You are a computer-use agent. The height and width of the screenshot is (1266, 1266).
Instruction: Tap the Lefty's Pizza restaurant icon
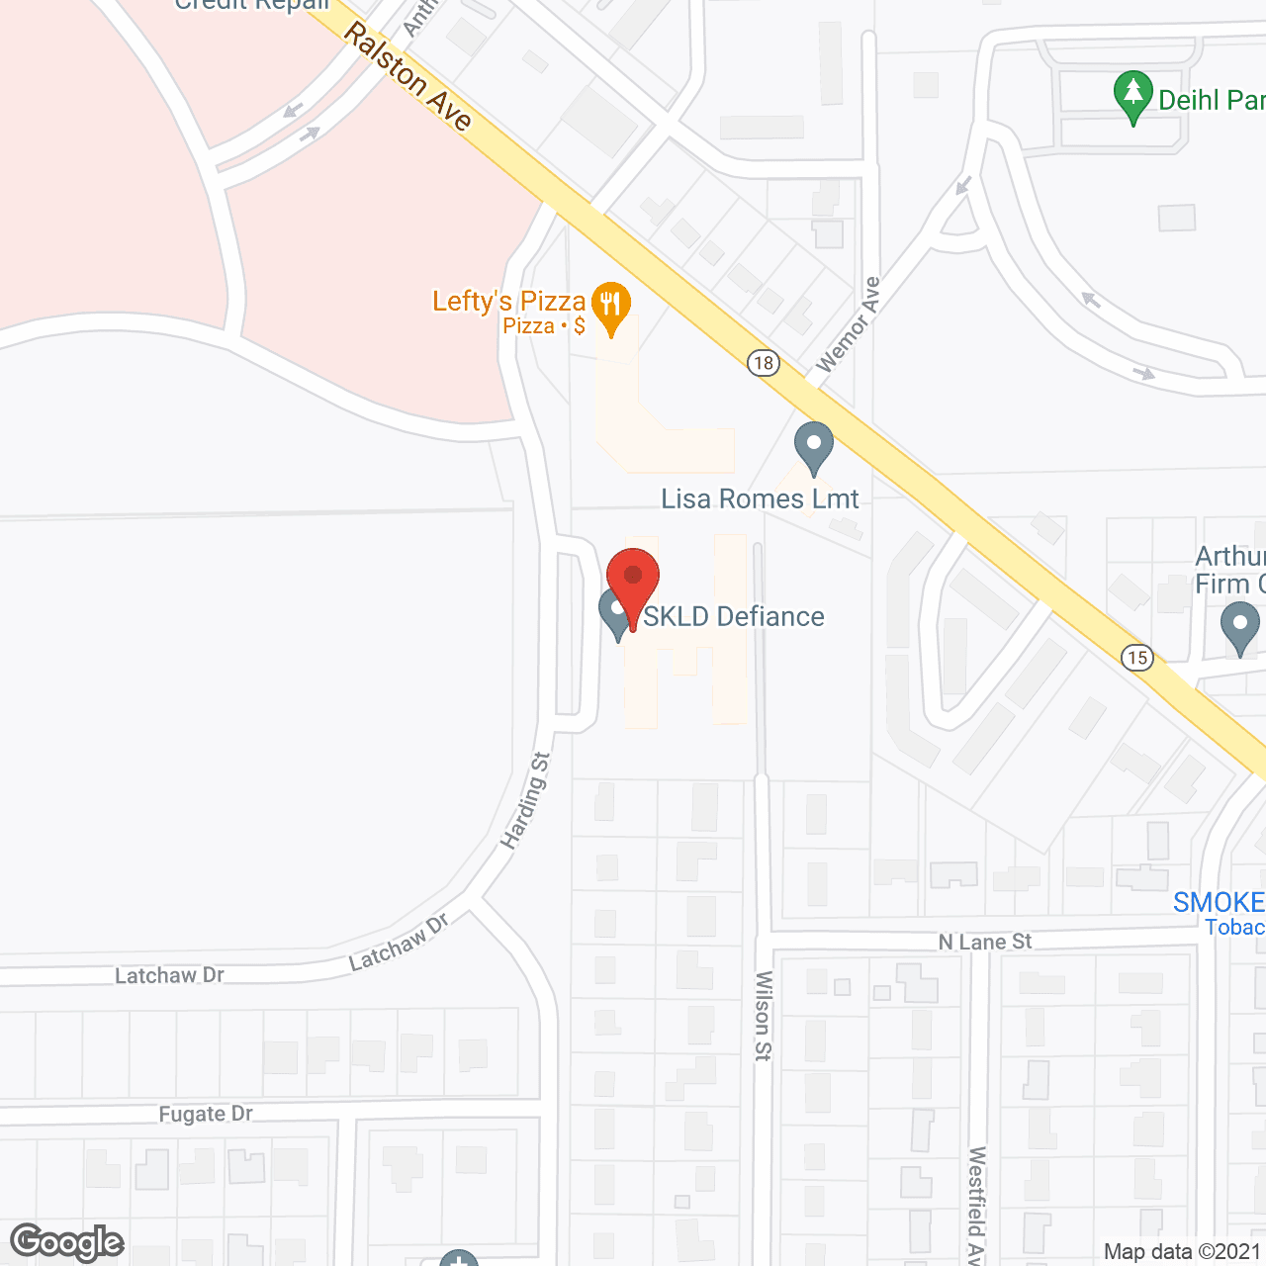pyautogui.click(x=611, y=306)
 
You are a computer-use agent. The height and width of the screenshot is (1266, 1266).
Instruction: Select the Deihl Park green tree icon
pyautogui.click(x=1132, y=96)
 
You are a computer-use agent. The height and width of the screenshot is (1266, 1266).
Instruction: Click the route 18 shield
pyautogui.click(x=763, y=363)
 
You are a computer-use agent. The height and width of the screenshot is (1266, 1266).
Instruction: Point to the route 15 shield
pyautogui.click(x=1137, y=657)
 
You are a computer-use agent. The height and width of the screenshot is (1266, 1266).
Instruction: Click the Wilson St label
pyautogui.click(x=763, y=1015)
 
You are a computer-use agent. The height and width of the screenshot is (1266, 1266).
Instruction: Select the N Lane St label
pyautogui.click(x=984, y=942)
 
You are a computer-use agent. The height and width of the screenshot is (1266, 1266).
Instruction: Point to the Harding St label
pyautogui.click(x=525, y=801)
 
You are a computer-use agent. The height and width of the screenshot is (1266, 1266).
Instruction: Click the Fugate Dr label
pyautogui.click(x=206, y=1114)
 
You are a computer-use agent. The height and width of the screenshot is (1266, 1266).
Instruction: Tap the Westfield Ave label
pyautogui.click(x=976, y=1205)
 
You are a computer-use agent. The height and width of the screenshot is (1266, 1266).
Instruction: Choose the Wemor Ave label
pyautogui.click(x=848, y=324)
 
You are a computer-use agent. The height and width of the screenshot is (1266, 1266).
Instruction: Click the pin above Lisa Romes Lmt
pyautogui.click(x=813, y=447)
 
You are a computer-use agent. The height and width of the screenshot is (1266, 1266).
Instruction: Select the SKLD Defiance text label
pyautogui.click(x=734, y=617)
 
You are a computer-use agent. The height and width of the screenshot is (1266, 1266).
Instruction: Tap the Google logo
pyautogui.click(x=67, y=1242)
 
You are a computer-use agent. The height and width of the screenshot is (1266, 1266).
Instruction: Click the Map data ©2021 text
pyautogui.click(x=1183, y=1252)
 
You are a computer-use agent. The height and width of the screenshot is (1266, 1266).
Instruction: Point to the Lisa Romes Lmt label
pyautogui.click(x=760, y=499)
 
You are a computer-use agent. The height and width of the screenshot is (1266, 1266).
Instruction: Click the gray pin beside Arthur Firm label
pyautogui.click(x=1239, y=627)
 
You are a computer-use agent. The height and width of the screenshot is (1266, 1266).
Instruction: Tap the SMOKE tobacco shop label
pyautogui.click(x=1220, y=903)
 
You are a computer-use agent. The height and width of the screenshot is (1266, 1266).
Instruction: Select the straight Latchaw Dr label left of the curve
pyautogui.click(x=169, y=976)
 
